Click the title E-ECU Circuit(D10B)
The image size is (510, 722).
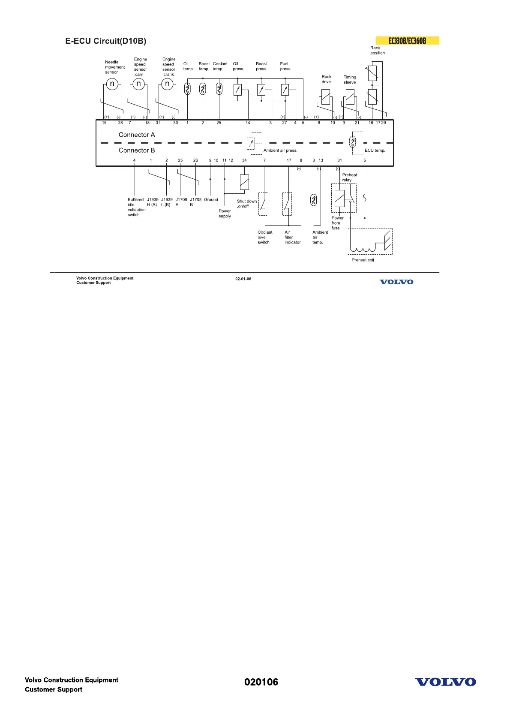pyautogui.click(x=105, y=41)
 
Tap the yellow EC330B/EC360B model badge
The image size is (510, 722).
pyautogui.click(x=407, y=41)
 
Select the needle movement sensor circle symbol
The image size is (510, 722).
pyautogui.click(x=112, y=84)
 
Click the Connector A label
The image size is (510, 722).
pyautogui.click(x=137, y=135)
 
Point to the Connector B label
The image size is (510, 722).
pyautogui.click(x=137, y=150)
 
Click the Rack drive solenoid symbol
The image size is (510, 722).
pyautogui.click(x=326, y=96)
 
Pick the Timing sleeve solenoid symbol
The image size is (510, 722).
pyautogui.click(x=350, y=96)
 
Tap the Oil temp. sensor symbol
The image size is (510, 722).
pyautogui.click(x=187, y=89)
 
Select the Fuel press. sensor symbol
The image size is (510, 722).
pyautogui.click(x=285, y=90)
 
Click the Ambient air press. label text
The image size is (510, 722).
pyautogui.click(x=280, y=150)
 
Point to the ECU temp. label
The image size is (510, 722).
pyautogui.click(x=375, y=150)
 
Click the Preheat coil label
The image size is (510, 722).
pyautogui.click(x=363, y=260)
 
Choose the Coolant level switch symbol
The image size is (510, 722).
pyautogui.click(x=263, y=204)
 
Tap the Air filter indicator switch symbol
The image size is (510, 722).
pyautogui.click(x=287, y=204)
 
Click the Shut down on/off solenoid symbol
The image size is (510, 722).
pyautogui.click(x=244, y=182)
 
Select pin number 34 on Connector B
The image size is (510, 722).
pyautogui.click(x=244, y=160)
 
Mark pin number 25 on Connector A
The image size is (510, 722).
pyautogui.click(x=219, y=123)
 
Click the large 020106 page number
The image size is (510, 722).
pyautogui.click(x=261, y=682)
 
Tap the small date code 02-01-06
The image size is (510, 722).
pyautogui.click(x=243, y=279)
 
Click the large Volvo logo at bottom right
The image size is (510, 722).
pyautogui.click(x=445, y=682)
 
